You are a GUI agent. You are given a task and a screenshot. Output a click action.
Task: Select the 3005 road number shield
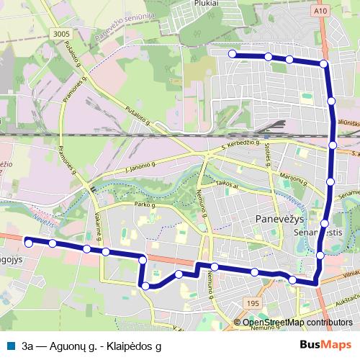click(61, 33)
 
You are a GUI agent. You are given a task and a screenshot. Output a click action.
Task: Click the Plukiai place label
click(206, 4)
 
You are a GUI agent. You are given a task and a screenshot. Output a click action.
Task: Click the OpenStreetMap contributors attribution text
click(297, 323)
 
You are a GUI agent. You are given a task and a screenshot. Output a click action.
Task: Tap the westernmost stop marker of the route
click(29, 242)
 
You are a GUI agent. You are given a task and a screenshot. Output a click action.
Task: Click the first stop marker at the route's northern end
click(232, 54)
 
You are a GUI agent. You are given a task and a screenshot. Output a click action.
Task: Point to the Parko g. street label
click(144, 205)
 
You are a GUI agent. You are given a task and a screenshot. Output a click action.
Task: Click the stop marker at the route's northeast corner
click(324, 64)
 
